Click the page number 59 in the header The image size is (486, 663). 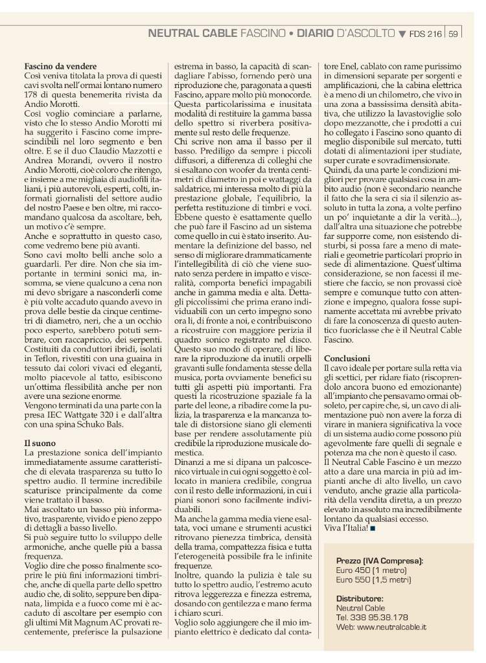tap(454, 33)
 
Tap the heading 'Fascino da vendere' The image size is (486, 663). tap(61, 67)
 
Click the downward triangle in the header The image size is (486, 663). tap(402, 33)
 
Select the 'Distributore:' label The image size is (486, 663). tap(360, 598)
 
